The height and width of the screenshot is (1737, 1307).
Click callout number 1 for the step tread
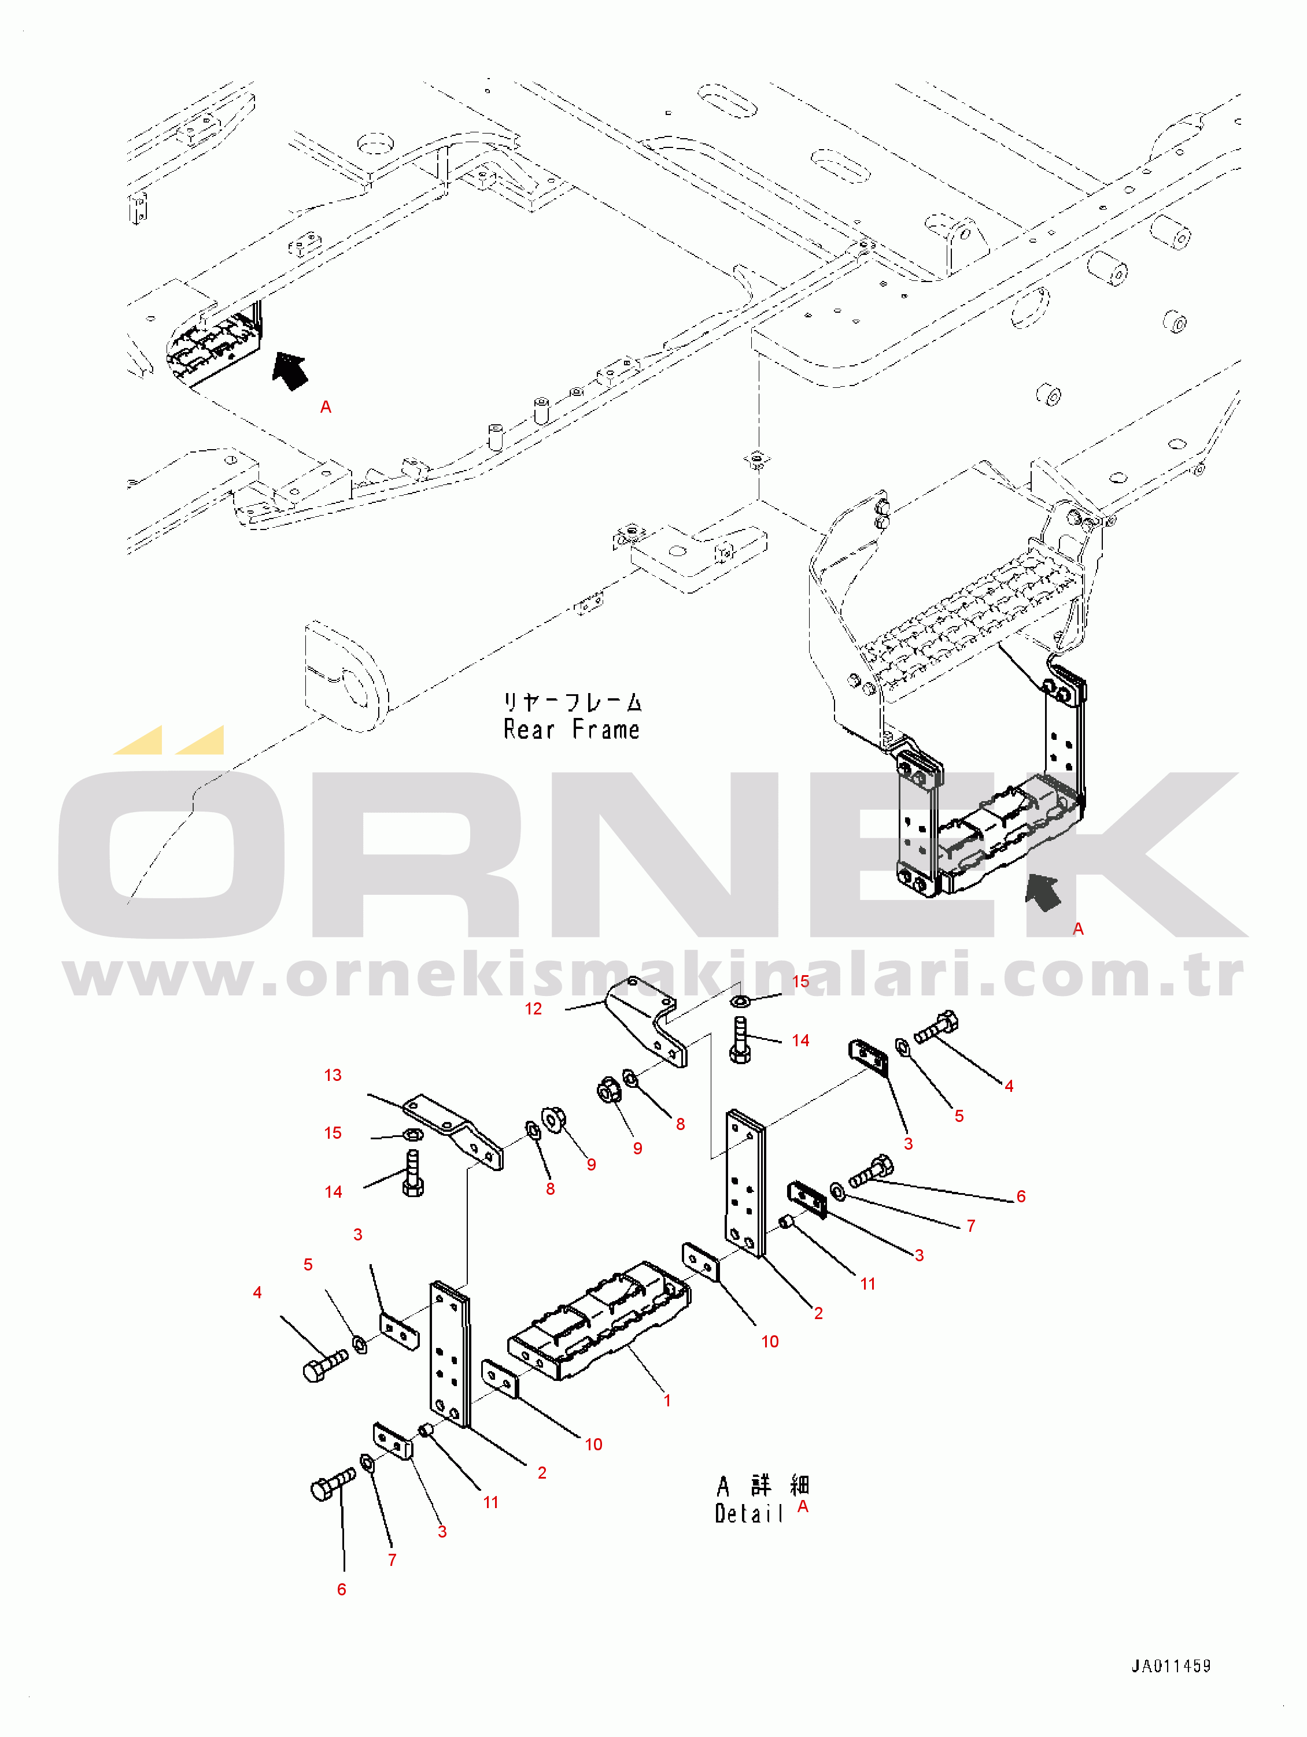tap(667, 1400)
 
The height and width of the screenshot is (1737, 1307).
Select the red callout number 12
tap(533, 1009)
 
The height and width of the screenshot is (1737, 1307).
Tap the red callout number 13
tap(333, 1075)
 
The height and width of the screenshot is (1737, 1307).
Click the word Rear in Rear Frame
tap(529, 729)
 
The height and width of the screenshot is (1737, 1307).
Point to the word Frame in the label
tap(605, 729)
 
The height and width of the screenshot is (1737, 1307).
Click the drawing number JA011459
tap(1171, 1665)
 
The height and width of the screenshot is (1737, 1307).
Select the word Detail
tap(748, 1513)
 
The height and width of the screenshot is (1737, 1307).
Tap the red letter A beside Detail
tap(803, 1506)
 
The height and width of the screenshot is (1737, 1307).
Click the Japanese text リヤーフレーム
tap(573, 701)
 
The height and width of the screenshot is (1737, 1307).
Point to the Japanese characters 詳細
tap(780, 1485)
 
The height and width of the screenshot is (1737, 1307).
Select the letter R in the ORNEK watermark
tap(416, 854)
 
